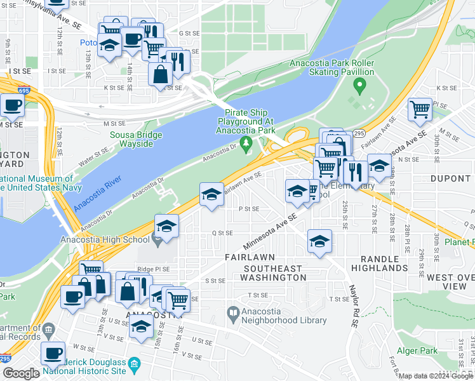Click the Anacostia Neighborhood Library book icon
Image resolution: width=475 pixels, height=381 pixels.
coord(233,312)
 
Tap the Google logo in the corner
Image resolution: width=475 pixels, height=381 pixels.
coord(21,373)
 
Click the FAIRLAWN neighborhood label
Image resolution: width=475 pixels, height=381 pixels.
coord(250,257)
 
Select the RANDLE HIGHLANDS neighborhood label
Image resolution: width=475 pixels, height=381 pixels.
coord(384,263)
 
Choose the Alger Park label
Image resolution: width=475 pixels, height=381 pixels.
coord(417,351)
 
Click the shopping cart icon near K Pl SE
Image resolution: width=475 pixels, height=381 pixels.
coord(420,109)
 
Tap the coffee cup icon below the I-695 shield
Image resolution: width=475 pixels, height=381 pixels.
coord(12,105)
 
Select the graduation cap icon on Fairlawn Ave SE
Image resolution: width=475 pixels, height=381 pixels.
coord(211,194)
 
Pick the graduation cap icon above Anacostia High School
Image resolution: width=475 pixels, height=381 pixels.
coord(166,226)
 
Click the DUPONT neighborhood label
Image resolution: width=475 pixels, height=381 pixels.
coord(450,179)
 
